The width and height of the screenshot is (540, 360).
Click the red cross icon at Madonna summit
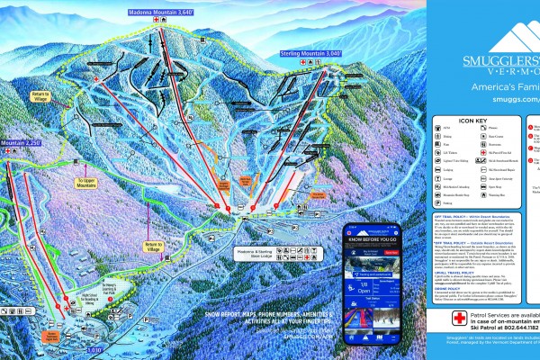click(x=160, y=20)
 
